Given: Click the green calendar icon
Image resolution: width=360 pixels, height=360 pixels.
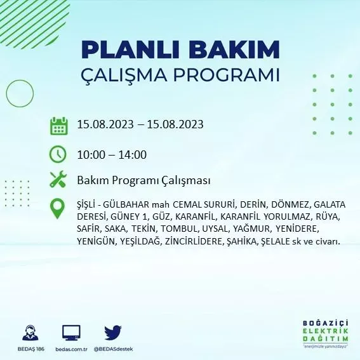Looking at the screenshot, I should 58,125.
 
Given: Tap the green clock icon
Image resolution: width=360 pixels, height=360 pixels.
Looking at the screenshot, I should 58,154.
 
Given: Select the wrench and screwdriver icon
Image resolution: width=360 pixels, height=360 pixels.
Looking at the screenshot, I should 58,180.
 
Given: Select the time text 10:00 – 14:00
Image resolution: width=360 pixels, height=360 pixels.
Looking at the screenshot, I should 112,154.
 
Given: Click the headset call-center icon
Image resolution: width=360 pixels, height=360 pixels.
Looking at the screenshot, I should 29,333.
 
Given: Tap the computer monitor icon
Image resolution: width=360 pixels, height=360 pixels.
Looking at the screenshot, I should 71,333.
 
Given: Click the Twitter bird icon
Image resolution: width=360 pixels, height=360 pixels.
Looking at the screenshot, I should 113,332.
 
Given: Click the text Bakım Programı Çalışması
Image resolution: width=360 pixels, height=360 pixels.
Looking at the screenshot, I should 144,181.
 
